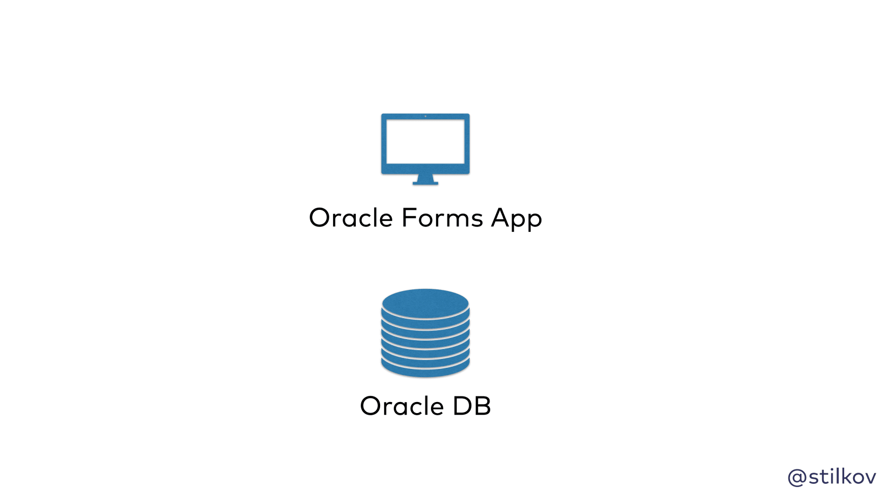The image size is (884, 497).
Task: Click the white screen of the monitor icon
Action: [425, 141]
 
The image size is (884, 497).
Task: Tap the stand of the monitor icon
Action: [425, 179]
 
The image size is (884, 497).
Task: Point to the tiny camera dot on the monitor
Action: [425, 116]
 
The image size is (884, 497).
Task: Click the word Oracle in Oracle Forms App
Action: [351, 218]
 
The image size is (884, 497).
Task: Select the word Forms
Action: [443, 218]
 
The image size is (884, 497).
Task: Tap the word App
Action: [517, 219]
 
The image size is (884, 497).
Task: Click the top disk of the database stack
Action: [425, 303]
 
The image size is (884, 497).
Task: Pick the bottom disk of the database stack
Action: [425, 369]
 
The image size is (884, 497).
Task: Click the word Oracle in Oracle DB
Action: [402, 406]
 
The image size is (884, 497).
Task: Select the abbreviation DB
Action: [472, 406]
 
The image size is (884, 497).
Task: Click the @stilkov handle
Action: [832, 477]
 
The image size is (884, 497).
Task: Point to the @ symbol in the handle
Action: [797, 477]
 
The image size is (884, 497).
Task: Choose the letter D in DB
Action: [462, 406]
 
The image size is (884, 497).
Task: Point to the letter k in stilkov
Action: [843, 476]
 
